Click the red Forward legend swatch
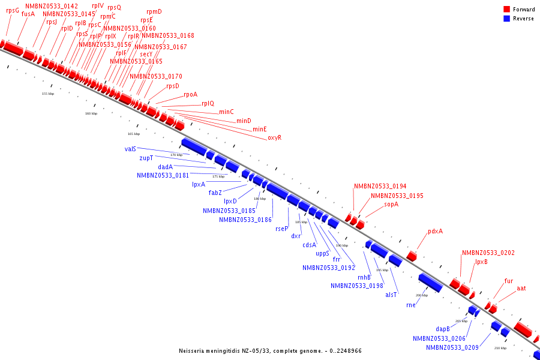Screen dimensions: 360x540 (507, 9)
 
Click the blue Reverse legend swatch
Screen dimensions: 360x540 (507, 19)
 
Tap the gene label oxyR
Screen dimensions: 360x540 (274, 137)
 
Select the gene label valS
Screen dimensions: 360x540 (131, 148)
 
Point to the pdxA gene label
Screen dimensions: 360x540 (435, 231)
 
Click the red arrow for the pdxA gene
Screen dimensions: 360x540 (412, 256)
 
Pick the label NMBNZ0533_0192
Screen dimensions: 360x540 (329, 268)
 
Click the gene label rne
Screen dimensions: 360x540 (410, 305)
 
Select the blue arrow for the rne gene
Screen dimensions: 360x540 (430, 282)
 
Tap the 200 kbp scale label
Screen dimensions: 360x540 (422, 295)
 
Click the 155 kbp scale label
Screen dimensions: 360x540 (48, 94)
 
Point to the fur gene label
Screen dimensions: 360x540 (509, 280)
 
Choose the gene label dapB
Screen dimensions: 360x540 (443, 328)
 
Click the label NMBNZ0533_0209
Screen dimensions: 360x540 (452, 347)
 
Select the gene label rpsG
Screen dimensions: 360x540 (12, 10)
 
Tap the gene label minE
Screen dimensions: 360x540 (259, 129)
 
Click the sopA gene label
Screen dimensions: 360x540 (391, 204)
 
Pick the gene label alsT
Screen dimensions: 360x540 (391, 294)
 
